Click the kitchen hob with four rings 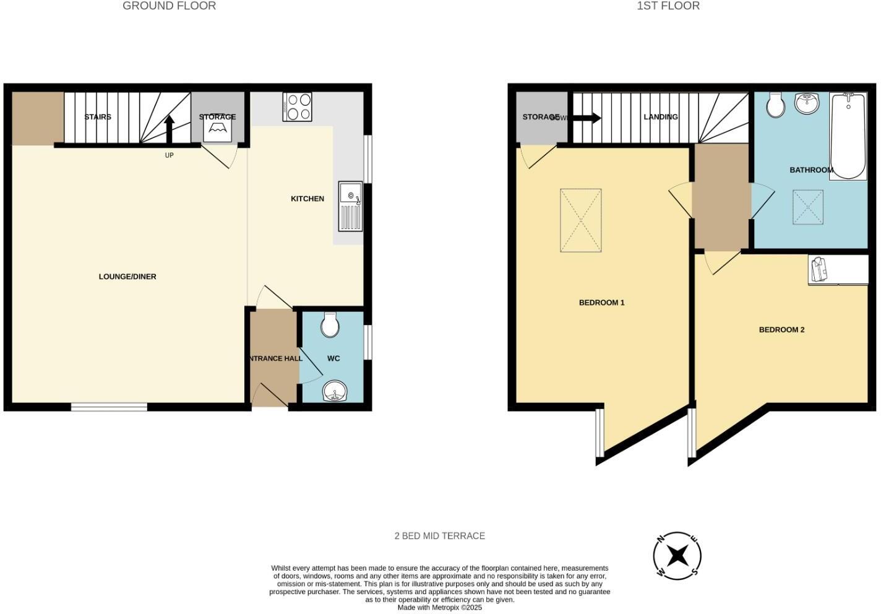297,106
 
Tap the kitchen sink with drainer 350,207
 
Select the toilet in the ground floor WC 330,324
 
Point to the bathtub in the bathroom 848,136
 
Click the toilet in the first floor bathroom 775,105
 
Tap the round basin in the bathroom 807,103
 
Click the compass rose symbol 677,555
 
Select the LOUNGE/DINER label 127,277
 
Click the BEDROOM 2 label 781,330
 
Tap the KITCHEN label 307,199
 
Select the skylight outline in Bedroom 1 580,220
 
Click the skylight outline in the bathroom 808,207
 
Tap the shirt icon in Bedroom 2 819,270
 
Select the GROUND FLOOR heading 169,6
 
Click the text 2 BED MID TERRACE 439,536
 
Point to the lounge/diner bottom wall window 109,407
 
